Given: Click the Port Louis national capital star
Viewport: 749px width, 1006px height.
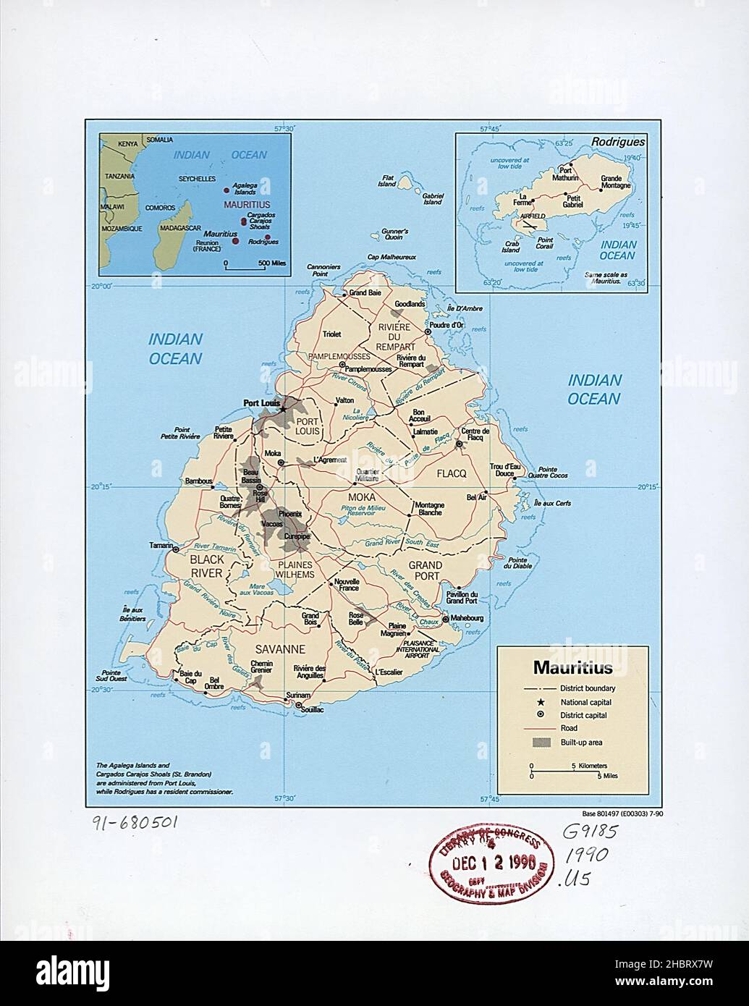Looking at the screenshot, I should tap(284, 408).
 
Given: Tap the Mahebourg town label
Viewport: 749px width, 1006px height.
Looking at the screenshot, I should tap(467, 619).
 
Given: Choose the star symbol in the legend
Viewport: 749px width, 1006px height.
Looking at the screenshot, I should tap(541, 702).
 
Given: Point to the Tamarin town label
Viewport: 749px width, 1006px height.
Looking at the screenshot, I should tap(161, 545).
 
